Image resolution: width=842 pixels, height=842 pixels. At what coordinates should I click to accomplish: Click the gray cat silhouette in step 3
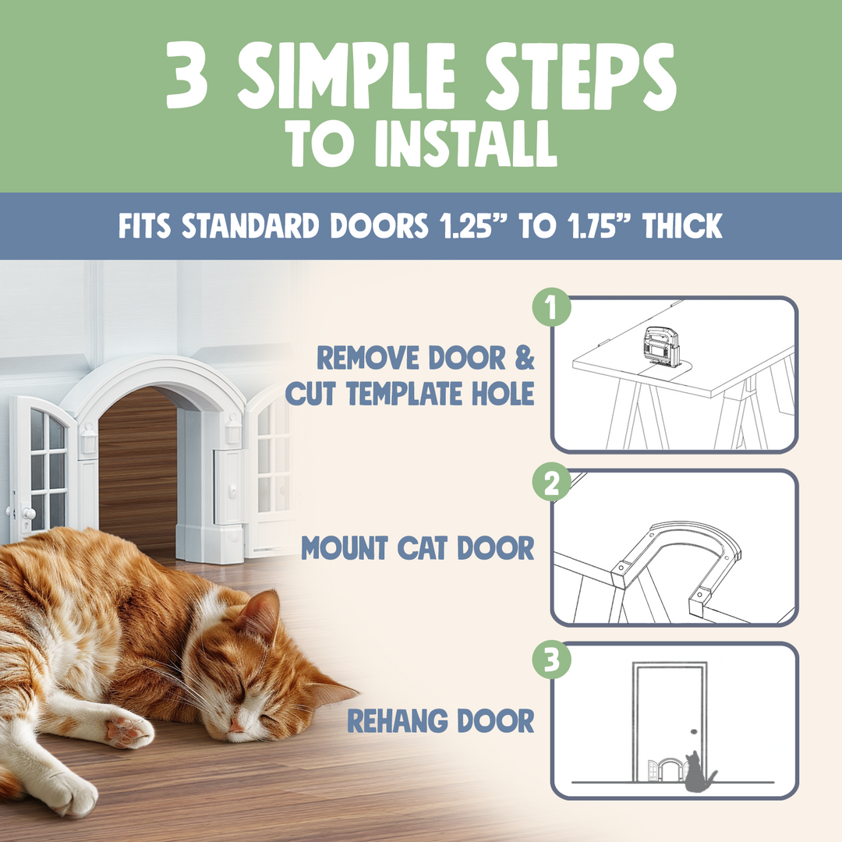(699, 772)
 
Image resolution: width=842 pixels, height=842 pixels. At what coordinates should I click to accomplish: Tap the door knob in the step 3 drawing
(693, 733)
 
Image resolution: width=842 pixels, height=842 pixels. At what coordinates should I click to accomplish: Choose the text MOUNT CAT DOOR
(418, 548)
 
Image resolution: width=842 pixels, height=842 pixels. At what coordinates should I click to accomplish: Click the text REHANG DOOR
(440, 721)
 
